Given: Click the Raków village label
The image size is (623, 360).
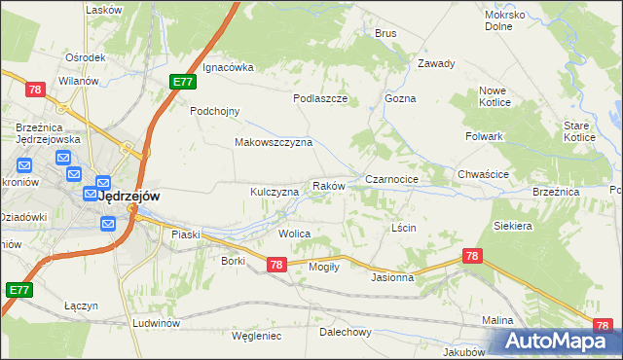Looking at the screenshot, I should click(327, 185).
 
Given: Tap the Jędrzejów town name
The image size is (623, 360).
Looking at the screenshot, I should click(129, 195).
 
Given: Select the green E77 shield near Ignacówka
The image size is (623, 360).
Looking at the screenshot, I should click(182, 83).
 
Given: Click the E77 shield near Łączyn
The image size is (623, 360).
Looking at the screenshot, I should click(18, 290).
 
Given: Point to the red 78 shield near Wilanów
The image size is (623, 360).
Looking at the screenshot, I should click(36, 90).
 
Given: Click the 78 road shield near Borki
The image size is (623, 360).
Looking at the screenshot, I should click(275, 264).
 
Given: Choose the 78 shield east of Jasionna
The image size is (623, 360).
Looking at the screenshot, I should click(473, 256).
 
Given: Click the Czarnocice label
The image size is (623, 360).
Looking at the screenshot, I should click(391, 180).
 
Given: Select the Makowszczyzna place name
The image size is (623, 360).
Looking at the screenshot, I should click(273, 142).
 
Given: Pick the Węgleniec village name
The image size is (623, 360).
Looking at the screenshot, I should click(257, 336).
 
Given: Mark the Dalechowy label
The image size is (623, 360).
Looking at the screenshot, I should click(347, 332).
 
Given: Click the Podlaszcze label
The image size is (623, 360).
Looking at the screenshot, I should click(320, 98).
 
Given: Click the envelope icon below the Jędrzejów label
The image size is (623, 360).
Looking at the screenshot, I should click(108, 224).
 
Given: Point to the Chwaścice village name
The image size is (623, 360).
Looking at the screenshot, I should click(484, 175).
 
